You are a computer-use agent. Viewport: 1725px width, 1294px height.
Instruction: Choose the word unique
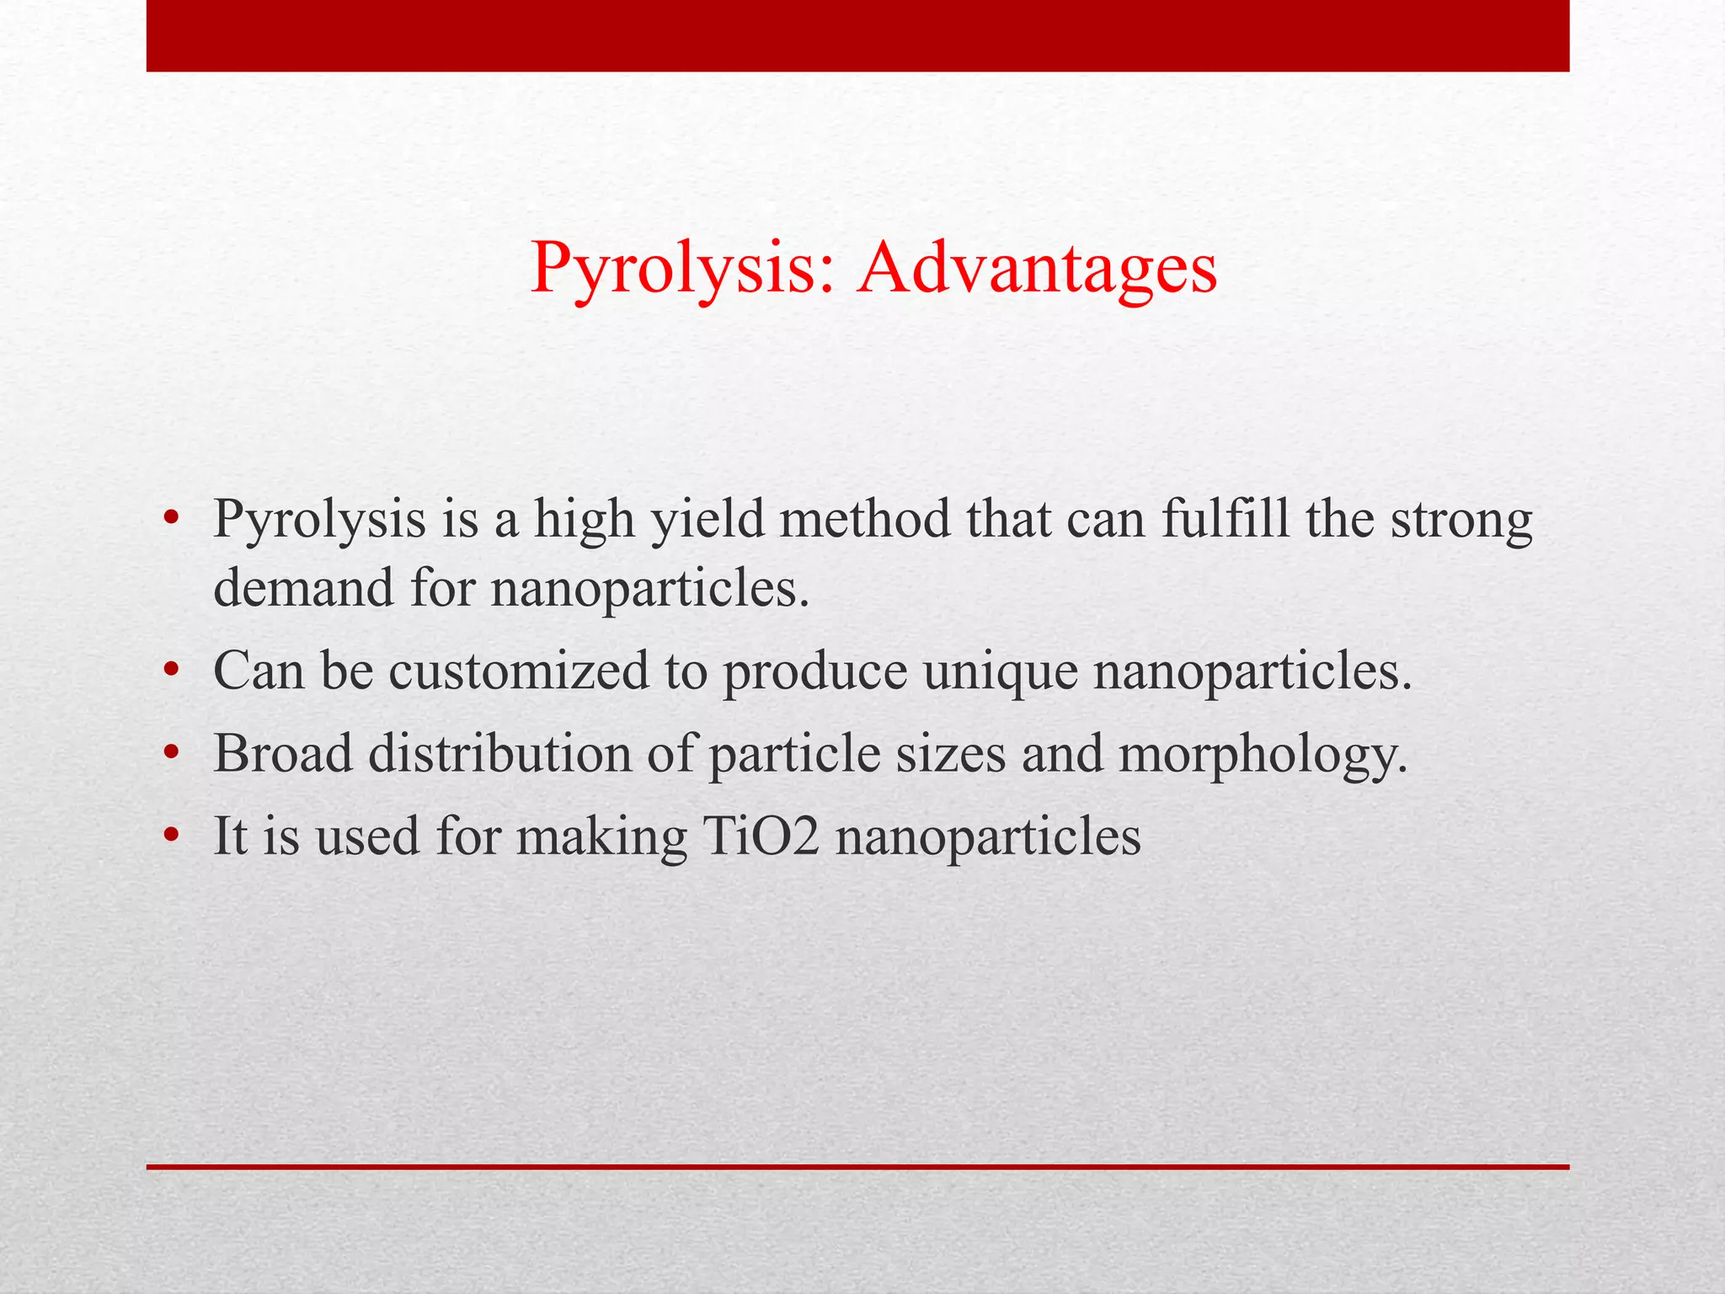[1000, 672]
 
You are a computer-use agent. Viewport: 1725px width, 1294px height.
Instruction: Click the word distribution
[499, 753]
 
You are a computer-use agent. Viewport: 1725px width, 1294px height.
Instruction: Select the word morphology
[1263, 755]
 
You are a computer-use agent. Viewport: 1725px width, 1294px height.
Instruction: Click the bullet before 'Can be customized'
[172, 671]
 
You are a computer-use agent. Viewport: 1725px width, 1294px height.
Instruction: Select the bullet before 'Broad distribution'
[172, 754]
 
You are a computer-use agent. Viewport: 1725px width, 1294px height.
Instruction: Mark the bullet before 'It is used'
[172, 837]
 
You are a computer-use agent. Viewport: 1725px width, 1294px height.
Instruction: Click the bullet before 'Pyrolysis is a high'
[172, 520]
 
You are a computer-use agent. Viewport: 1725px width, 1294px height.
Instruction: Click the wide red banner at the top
[857, 35]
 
